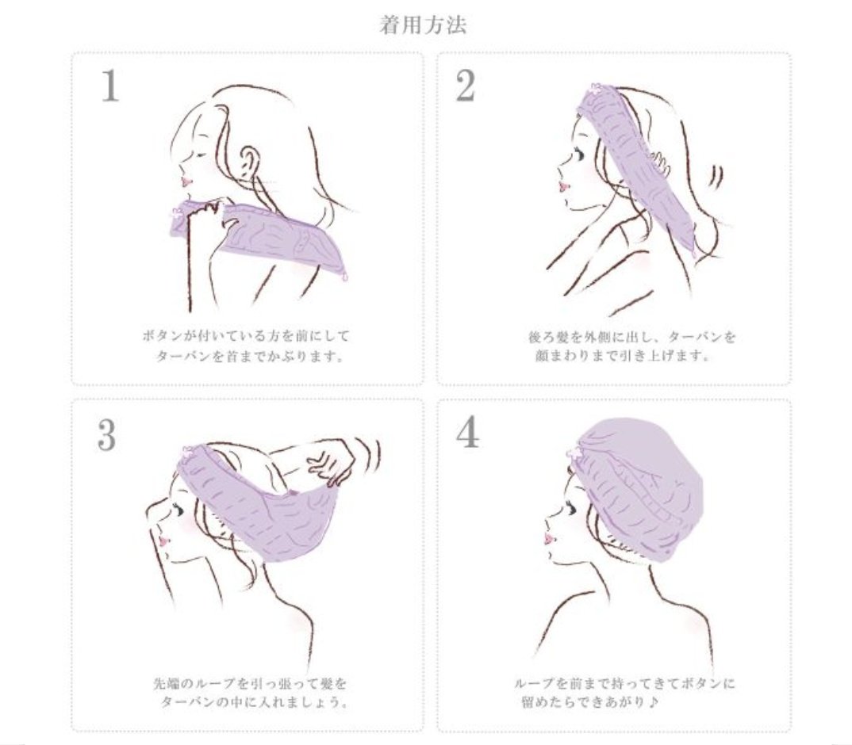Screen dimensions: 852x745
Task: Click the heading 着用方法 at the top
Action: point(424,25)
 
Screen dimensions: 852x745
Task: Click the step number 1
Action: point(110,86)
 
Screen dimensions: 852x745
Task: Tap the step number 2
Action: point(465,86)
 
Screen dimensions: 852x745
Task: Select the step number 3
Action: point(107,434)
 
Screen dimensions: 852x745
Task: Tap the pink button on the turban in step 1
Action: point(177,213)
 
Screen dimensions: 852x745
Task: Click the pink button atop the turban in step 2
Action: point(597,89)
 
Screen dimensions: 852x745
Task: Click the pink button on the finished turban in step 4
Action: point(574,452)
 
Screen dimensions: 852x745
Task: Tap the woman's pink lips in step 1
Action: point(186,181)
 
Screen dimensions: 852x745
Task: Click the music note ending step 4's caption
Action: point(654,702)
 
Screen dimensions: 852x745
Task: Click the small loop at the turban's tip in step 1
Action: point(344,276)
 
